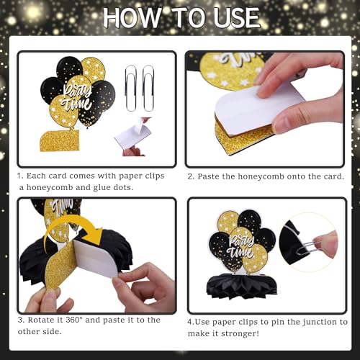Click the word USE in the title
[231, 17]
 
